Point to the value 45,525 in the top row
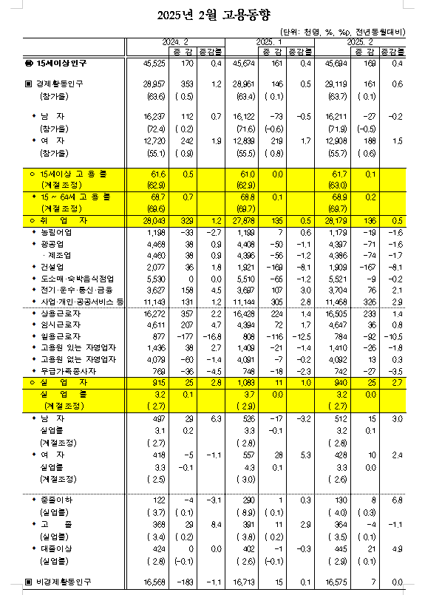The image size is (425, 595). (x=154, y=64)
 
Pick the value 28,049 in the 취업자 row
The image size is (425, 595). (x=153, y=220)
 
